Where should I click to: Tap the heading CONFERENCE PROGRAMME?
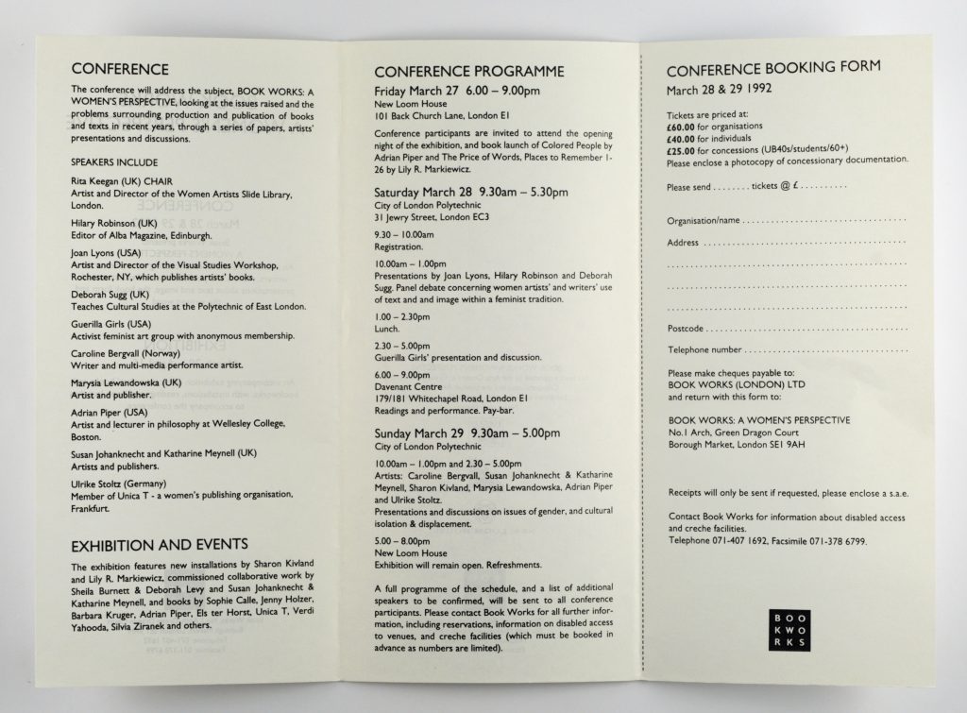pos(469,72)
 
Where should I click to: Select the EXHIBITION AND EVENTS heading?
pos(160,543)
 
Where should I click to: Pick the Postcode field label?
pos(687,330)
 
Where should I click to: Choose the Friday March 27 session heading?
pos(457,91)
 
